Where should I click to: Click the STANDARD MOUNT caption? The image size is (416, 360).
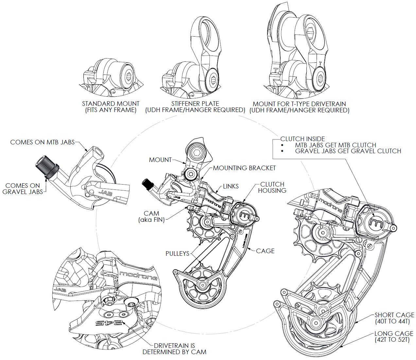111,107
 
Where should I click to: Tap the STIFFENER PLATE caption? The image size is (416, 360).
195,107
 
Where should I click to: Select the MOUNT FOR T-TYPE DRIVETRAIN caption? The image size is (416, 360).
299,107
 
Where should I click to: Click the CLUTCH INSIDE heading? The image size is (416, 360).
303,139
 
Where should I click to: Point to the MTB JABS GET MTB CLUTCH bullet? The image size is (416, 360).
335,145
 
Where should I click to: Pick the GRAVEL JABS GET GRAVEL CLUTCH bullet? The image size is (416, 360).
348,151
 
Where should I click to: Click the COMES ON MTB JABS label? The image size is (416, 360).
42,142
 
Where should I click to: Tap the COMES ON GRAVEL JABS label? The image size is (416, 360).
23,189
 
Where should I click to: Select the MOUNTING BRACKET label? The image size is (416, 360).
244,168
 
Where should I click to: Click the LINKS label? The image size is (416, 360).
231,186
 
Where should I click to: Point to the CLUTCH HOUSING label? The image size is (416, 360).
272,187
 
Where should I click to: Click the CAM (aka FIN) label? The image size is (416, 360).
151,217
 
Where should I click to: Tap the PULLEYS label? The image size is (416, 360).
177,254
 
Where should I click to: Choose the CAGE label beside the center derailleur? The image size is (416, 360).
265,251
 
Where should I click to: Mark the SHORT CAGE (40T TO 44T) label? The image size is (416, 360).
394,318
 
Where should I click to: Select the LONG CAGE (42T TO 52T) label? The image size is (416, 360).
393,336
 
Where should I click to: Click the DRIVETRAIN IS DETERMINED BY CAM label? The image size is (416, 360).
174,349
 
